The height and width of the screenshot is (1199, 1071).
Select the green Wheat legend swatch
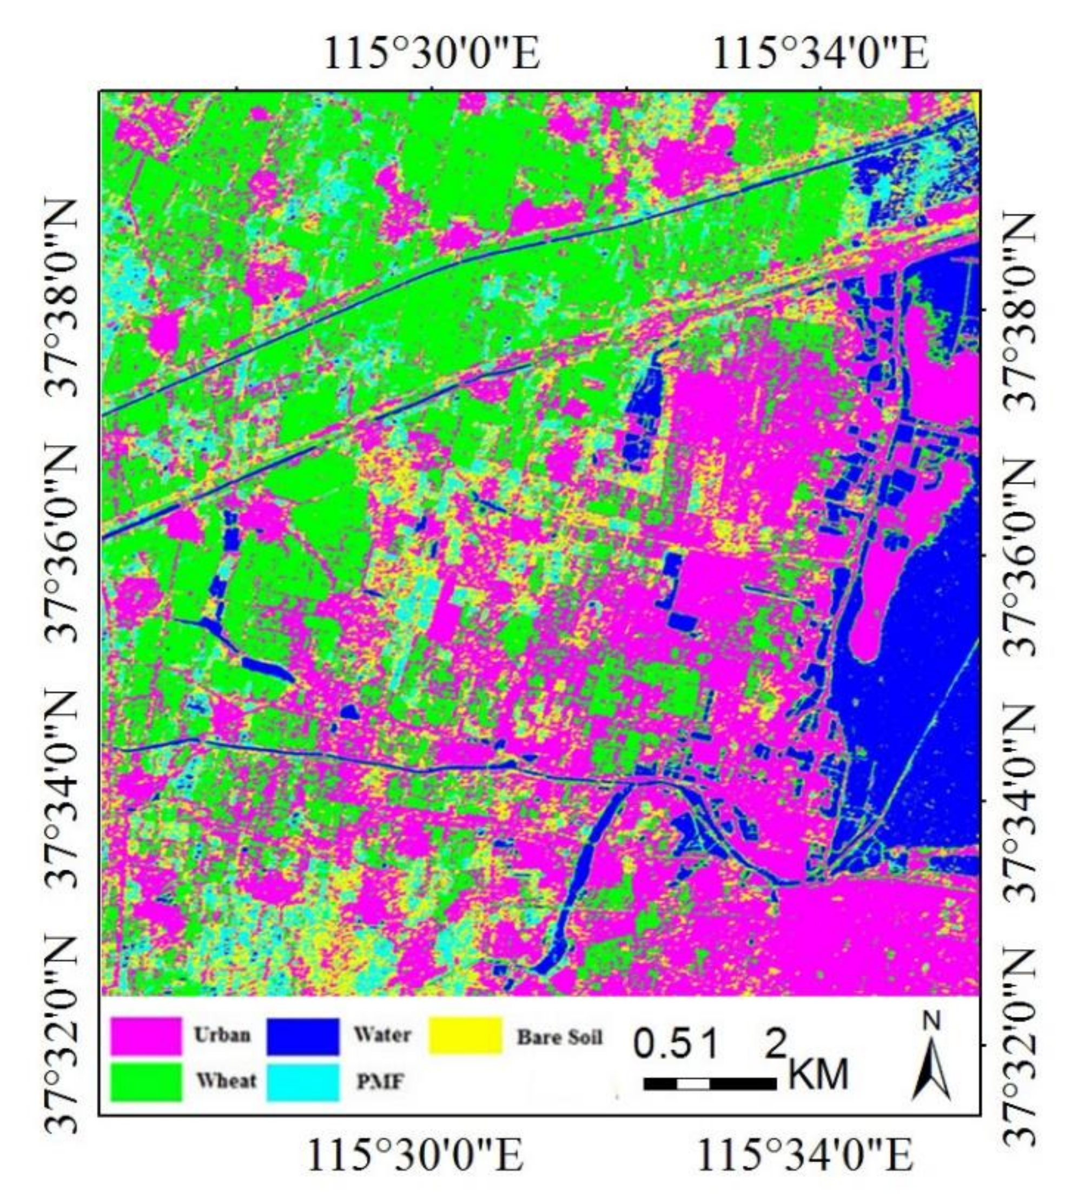[146, 1081]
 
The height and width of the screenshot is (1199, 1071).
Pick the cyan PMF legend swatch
[303, 1081]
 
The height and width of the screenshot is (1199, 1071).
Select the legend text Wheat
[226, 1081]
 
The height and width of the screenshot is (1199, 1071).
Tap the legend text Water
[382, 1035]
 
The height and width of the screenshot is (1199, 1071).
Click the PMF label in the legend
[380, 1081]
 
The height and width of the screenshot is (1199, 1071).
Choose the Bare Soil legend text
[560, 1037]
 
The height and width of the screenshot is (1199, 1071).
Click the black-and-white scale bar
[710, 1084]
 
